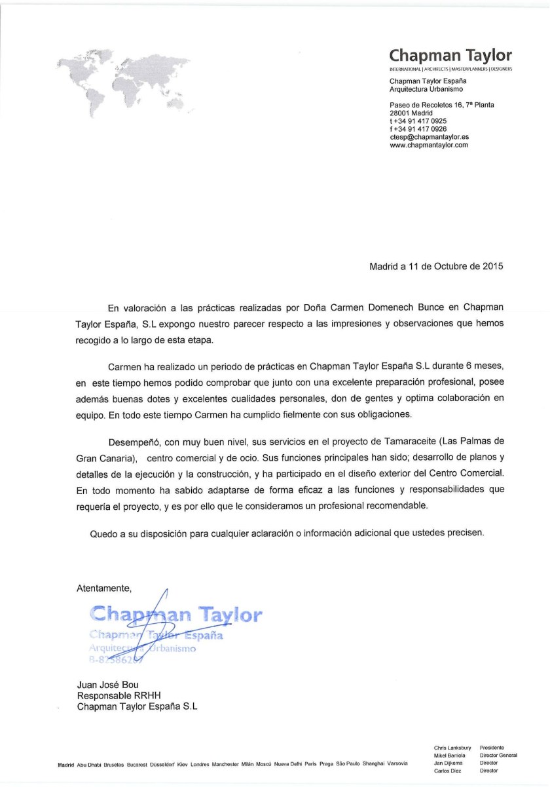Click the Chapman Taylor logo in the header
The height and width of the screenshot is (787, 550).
coord(450,55)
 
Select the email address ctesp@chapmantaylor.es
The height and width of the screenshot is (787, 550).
coord(429,137)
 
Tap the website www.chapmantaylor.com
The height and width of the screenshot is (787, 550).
coord(429,145)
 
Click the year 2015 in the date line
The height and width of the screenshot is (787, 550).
coord(493,267)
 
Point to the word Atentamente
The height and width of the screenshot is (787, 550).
coord(104,586)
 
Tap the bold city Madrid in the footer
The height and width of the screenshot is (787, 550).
coord(66,763)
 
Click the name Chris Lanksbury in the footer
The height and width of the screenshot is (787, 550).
coord(452,748)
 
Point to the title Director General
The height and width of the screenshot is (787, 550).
coord(498,756)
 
